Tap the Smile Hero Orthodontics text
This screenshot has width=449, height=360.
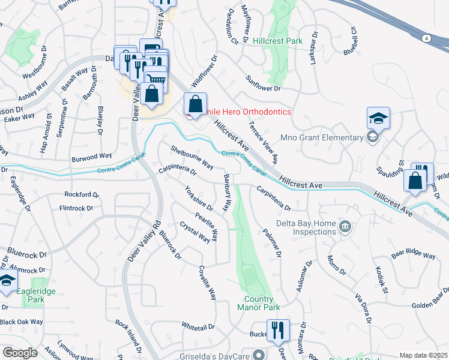point(245,112)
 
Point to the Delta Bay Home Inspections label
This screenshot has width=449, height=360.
point(306,227)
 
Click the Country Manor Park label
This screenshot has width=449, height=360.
point(262,303)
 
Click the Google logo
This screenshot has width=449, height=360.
point(20,353)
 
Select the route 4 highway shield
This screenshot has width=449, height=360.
point(426,38)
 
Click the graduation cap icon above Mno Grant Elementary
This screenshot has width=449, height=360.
point(379,118)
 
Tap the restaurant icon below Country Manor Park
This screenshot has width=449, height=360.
point(278,330)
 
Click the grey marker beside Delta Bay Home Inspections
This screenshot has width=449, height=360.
point(345,227)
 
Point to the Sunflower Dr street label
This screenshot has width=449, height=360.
point(264,83)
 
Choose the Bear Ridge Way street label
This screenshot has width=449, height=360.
point(413,255)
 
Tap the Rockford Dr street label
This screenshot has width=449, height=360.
point(81,194)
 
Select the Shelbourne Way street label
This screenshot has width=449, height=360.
point(192,155)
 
